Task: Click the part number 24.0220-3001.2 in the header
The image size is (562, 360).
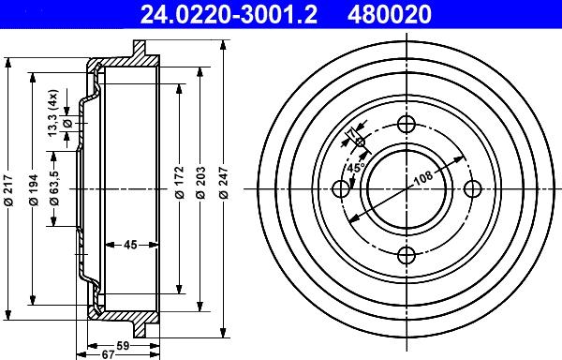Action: [229, 14]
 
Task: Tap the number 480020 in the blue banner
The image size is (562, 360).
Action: [390, 14]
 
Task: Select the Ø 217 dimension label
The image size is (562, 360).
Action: [8, 190]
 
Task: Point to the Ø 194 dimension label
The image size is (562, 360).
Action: [34, 189]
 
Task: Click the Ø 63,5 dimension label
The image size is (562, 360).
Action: [54, 187]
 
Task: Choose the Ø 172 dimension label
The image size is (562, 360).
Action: [179, 182]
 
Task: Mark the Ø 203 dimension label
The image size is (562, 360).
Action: [200, 182]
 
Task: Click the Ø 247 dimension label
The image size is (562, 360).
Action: [223, 182]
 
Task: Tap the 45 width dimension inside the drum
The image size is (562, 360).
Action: [130, 245]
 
